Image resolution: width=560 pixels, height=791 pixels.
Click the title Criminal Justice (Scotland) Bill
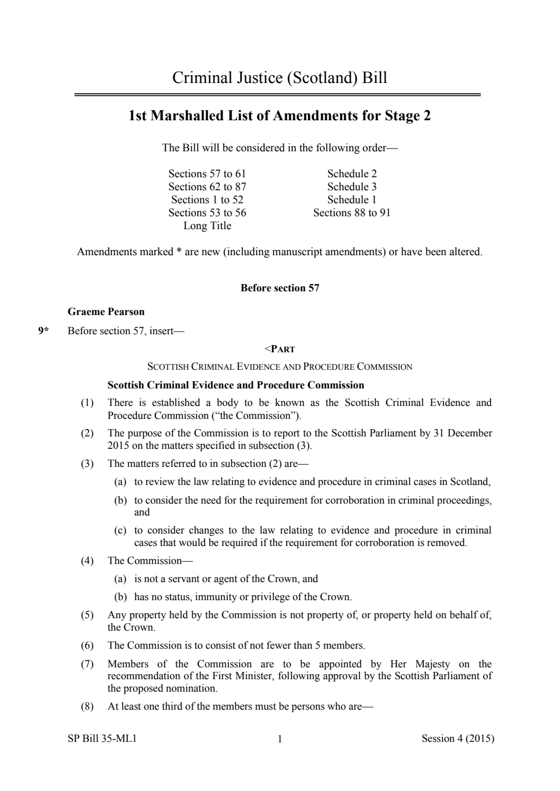click(280, 77)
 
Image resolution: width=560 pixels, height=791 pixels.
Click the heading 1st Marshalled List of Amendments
click(280, 116)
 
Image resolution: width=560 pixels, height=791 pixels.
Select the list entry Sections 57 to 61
click(207, 174)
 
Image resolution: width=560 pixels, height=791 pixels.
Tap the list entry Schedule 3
click(351, 187)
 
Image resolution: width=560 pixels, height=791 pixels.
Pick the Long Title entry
click(207, 226)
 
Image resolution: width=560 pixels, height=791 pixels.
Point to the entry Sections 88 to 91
click(351, 213)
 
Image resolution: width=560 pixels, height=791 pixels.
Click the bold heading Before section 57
click(280, 288)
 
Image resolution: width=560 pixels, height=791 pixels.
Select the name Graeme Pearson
click(106, 312)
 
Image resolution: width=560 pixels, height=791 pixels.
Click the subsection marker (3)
click(87, 464)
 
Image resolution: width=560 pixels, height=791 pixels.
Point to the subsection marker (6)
click(87, 645)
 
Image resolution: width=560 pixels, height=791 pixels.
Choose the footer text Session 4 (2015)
click(458, 738)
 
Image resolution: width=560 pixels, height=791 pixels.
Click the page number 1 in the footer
click(280, 739)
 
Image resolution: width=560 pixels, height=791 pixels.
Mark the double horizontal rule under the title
click(277, 95)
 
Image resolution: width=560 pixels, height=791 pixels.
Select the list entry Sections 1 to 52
click(207, 200)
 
